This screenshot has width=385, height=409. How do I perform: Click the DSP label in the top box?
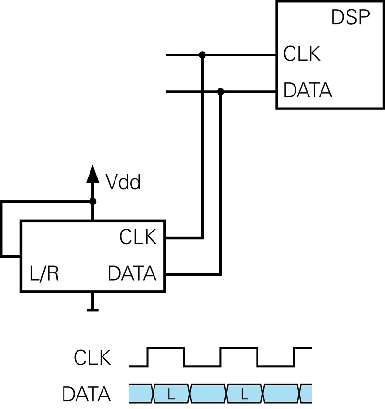tap(350, 18)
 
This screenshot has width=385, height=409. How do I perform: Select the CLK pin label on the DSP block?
tap(302, 54)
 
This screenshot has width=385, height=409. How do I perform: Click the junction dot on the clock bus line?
tap(202, 55)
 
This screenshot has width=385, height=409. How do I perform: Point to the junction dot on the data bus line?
tap(221, 91)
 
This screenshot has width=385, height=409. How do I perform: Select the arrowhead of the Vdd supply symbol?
tap(92, 174)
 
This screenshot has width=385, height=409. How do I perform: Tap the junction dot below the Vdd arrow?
tap(92, 201)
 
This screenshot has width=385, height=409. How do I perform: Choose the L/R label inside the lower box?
tap(44, 273)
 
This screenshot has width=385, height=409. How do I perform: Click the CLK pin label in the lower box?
tap(138, 237)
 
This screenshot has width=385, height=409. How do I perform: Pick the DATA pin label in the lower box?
tap(132, 273)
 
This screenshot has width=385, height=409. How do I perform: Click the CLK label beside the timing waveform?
tap(92, 358)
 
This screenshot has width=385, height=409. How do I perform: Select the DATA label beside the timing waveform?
tap(87, 394)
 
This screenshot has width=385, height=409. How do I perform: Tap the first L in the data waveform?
tap(171, 394)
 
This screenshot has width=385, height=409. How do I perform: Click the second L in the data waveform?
tap(244, 394)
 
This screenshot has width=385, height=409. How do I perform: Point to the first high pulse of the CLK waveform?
tap(166, 348)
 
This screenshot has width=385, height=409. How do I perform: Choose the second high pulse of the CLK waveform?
tap(239, 348)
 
